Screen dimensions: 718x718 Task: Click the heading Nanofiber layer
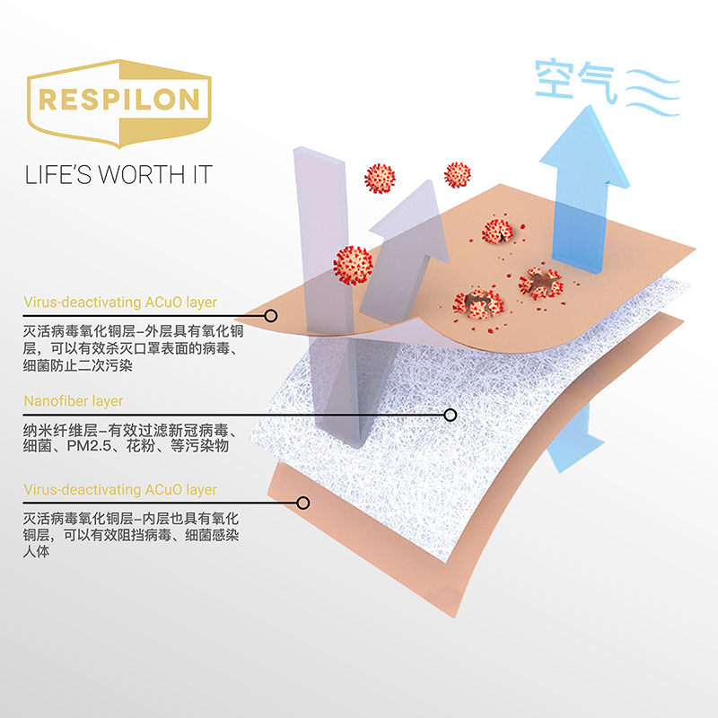[74, 401]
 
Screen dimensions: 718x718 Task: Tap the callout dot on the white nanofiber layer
[451, 415]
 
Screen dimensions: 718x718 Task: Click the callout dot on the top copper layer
[270, 316]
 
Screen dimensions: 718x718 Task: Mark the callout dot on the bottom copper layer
[303, 503]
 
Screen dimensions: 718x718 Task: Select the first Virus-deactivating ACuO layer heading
[120, 302]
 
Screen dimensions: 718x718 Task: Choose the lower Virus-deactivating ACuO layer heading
[120, 489]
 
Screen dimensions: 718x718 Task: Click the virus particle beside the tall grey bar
[353, 264]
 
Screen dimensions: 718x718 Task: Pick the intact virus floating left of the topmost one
[381, 178]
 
